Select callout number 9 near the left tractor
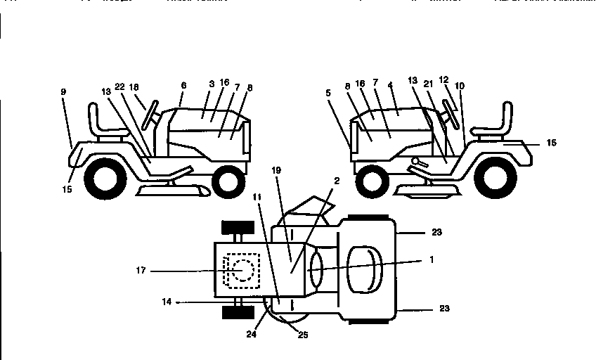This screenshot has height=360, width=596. [x=63, y=91]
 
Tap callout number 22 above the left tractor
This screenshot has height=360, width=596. [x=119, y=86]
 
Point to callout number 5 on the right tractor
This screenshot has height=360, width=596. [x=328, y=91]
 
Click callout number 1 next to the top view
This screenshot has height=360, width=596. [x=432, y=259]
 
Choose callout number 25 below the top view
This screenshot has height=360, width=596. [x=303, y=335]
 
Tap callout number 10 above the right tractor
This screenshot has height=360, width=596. [x=459, y=86]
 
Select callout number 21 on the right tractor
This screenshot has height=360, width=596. [x=428, y=84]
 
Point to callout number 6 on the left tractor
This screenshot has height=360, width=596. [x=183, y=84]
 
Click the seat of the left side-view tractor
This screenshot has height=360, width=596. [x=102, y=124]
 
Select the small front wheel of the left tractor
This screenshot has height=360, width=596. [x=227, y=181]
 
